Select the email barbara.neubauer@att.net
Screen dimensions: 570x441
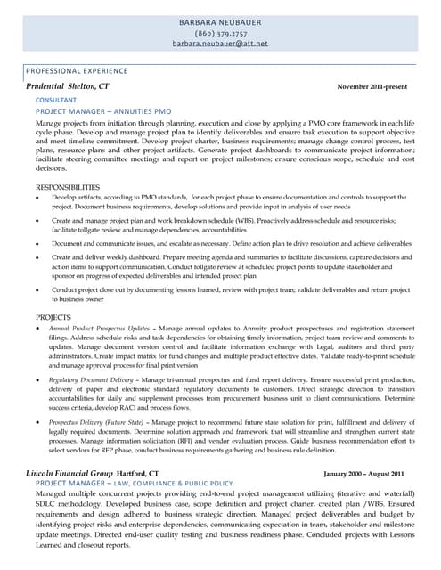pyautogui.click(x=220, y=42)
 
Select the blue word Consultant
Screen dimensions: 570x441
pyautogui.click(x=55, y=101)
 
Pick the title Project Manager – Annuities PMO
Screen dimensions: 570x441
pyautogui.click(x=102, y=111)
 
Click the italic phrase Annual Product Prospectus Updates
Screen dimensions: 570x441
pyautogui.click(x=99, y=329)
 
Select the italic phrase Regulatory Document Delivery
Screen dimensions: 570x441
pyautogui.click(x=94, y=379)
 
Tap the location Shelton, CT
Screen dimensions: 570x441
pyautogui.click(x=90, y=86)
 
